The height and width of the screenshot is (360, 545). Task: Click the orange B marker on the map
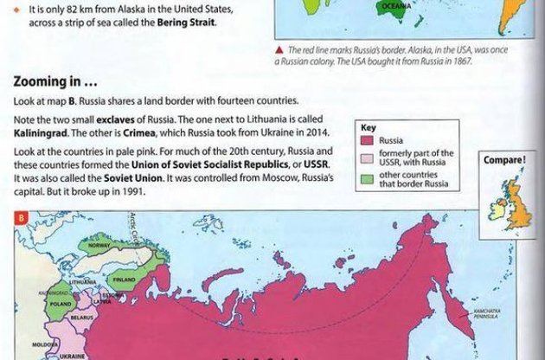pos(21,217)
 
